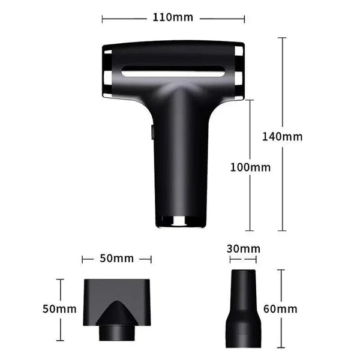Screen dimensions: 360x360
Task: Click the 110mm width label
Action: point(173,17)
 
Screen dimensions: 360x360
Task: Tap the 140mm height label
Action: point(282,136)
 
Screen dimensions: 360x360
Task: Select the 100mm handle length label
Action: point(250,167)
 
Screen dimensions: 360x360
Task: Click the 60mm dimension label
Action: point(280,310)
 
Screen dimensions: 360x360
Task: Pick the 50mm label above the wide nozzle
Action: point(116,259)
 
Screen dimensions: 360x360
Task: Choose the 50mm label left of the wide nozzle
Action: point(59,310)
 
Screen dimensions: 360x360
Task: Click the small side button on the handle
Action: point(151,133)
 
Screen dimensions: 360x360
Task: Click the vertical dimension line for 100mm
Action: point(250,204)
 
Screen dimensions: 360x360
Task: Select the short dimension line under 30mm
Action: point(243,260)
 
